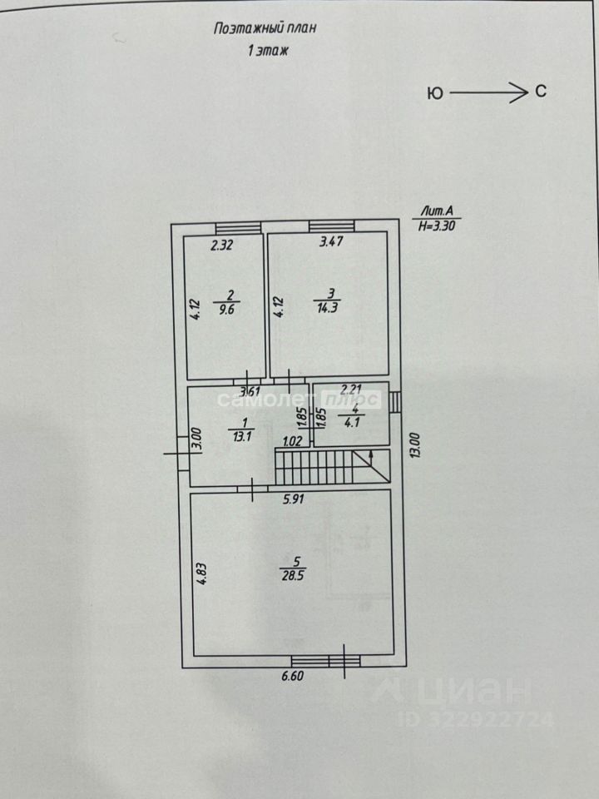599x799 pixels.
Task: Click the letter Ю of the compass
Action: [x=434, y=94]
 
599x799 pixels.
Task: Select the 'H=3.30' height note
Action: [x=438, y=226]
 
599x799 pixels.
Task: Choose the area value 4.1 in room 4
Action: [x=354, y=421]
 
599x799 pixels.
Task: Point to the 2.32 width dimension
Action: [x=222, y=246]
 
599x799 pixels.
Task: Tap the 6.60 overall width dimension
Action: [x=292, y=677]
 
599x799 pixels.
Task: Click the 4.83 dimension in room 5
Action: [x=201, y=574]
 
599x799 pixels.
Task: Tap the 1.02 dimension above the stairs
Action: [x=292, y=442]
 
